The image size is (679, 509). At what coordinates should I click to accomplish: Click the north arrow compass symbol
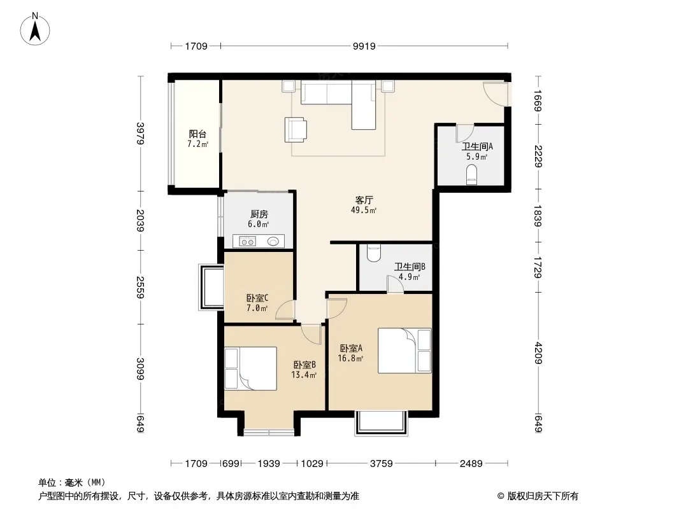(x=35, y=29)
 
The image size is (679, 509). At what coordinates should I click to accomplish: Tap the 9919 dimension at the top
(x=364, y=46)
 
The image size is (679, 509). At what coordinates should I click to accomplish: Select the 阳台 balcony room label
(x=197, y=134)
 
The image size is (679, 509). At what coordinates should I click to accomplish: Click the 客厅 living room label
(x=364, y=200)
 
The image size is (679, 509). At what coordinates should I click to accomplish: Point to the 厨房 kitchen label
(x=259, y=214)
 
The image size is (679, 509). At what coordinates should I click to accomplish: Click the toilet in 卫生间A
(x=471, y=175)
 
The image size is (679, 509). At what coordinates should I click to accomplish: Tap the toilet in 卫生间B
(x=373, y=253)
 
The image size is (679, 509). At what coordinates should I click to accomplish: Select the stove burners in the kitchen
(x=247, y=241)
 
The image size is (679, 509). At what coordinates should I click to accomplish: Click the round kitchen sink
(x=273, y=241)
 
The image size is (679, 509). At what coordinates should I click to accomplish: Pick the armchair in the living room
(x=296, y=129)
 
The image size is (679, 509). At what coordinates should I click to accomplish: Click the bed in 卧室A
(x=404, y=351)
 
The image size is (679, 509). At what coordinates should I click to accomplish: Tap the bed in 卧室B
(x=250, y=368)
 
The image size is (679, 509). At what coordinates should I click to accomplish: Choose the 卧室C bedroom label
(x=257, y=298)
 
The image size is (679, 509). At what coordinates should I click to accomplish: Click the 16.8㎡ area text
(x=350, y=358)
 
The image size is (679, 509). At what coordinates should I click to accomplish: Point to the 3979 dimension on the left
(x=140, y=133)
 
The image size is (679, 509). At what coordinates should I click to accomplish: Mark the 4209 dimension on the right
(x=538, y=353)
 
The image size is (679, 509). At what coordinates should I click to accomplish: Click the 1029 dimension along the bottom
(x=311, y=464)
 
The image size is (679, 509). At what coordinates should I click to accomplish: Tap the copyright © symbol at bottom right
(x=501, y=496)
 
